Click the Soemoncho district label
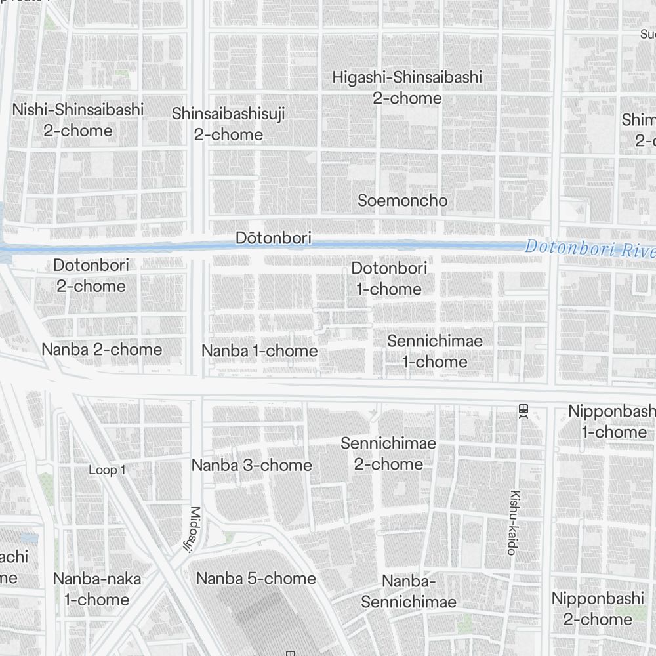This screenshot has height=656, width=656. click(x=402, y=201)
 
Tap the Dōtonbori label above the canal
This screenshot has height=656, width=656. click(x=274, y=238)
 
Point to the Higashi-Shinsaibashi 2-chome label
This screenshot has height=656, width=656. click(x=407, y=88)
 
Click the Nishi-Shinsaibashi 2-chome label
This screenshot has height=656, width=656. click(x=77, y=120)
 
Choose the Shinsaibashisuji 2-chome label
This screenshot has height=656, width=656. click(x=228, y=124)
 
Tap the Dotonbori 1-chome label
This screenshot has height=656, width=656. click(x=389, y=278)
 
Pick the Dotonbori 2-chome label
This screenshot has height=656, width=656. click(x=91, y=276)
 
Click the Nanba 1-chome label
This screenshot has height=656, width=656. click(x=259, y=351)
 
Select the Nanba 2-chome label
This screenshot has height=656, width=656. click(x=102, y=349)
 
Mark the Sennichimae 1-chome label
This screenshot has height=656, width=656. click(x=434, y=351)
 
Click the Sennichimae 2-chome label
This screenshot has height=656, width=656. click(x=388, y=454)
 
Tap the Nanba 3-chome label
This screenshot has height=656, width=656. click(x=251, y=465)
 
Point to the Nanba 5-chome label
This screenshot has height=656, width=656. click(x=256, y=579)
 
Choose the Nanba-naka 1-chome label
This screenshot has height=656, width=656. click(x=96, y=589)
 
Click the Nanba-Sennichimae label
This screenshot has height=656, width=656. click(x=408, y=592)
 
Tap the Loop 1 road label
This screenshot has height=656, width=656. click(x=107, y=470)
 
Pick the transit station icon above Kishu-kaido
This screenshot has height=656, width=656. click(x=523, y=411)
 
